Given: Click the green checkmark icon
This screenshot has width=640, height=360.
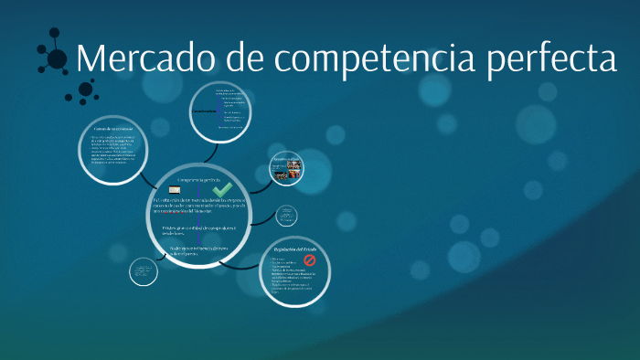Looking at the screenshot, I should point(222,188).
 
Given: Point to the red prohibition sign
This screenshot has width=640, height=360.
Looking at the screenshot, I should point(308,260).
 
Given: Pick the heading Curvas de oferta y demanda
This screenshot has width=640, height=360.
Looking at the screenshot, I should point(113,129).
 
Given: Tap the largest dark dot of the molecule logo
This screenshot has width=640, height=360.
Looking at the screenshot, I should point(57,59).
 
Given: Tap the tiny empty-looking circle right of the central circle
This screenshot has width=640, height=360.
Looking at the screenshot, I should point(286,216).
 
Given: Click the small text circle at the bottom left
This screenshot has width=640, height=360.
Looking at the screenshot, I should point(144,272).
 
